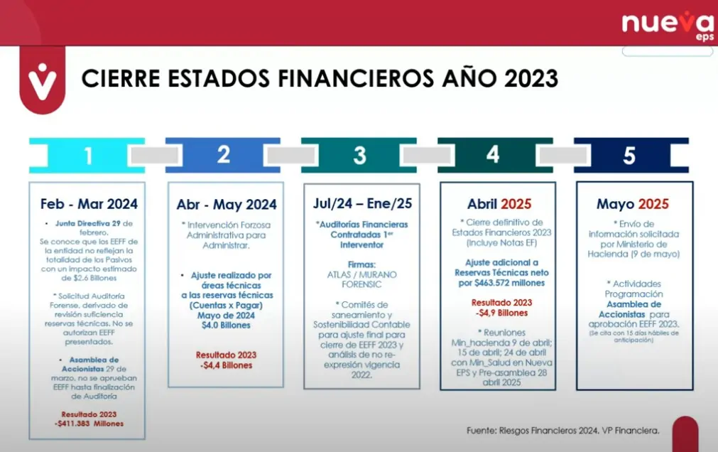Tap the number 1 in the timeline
click(87, 156)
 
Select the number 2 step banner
click(224, 155)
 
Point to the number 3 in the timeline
click(359, 155)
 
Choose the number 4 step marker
click(494, 155)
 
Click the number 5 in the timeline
click(629, 155)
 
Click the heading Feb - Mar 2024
click(89, 204)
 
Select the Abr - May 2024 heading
click(227, 205)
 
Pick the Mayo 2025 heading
click(633, 204)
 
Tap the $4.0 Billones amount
click(226, 325)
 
